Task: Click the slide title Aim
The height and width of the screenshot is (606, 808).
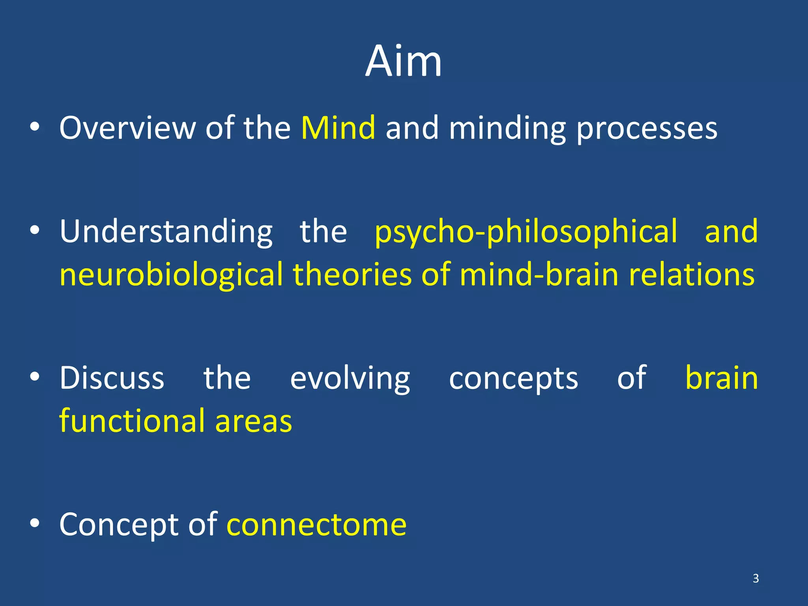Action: tap(403, 62)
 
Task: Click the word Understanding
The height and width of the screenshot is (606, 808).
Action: tap(166, 232)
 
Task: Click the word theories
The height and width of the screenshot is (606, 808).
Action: tap(352, 274)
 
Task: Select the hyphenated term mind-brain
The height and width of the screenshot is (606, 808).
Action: tap(539, 274)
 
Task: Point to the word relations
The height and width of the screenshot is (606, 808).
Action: tap(692, 274)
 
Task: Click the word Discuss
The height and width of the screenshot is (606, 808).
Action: tap(112, 378)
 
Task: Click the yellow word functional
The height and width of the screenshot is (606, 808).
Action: tap(132, 421)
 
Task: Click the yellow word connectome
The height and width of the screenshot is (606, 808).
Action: tap(316, 525)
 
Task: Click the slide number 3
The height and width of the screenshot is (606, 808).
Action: tap(756, 578)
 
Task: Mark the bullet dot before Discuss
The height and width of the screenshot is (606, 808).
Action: tap(35, 377)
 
